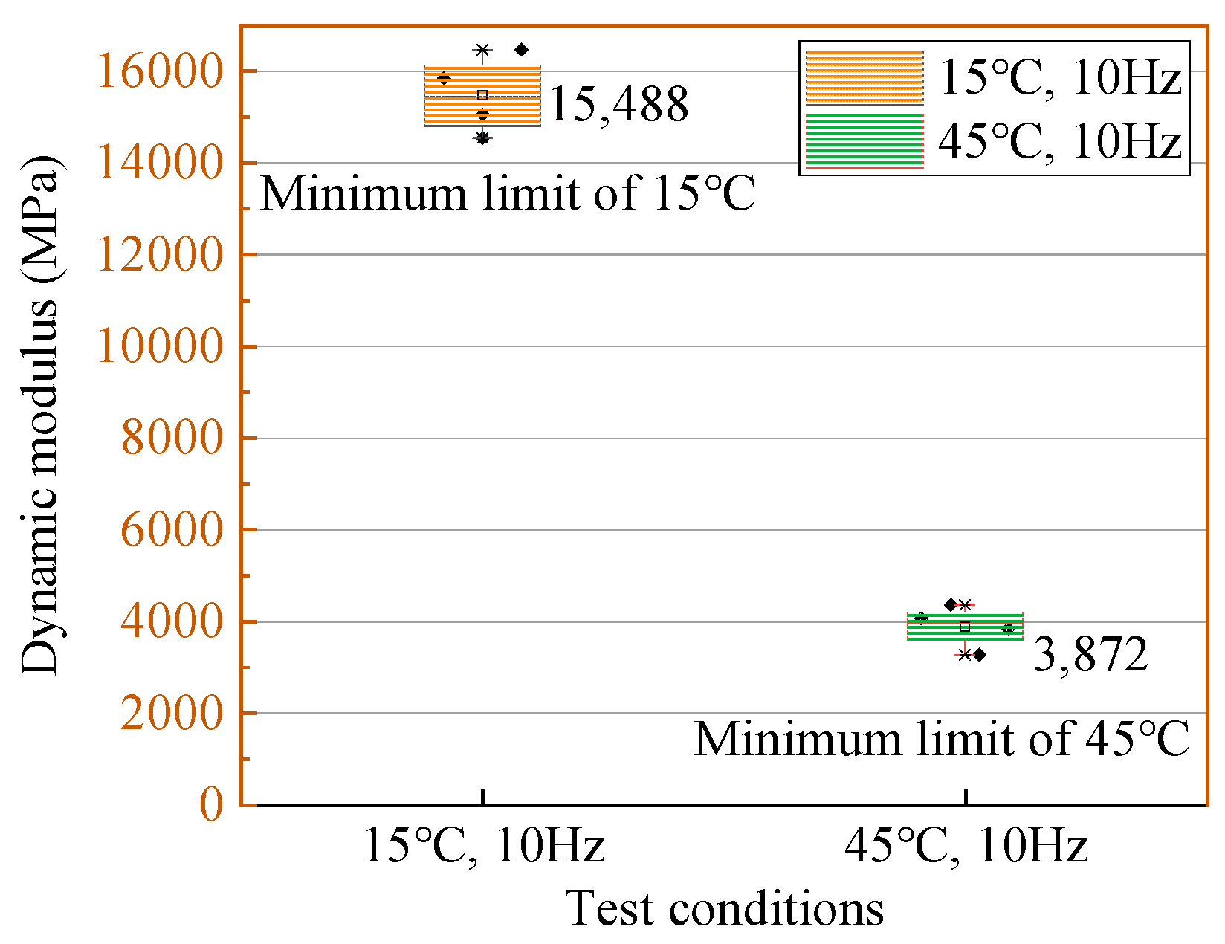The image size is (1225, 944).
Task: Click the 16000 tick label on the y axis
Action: (160, 71)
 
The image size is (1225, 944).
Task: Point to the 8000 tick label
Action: (172, 438)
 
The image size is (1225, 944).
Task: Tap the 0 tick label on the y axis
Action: (211, 804)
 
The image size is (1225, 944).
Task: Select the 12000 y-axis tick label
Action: (160, 255)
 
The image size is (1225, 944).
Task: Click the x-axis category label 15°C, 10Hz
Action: (484, 846)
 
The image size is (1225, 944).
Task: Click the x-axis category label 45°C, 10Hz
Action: (966, 846)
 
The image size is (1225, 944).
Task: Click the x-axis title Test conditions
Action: (725, 908)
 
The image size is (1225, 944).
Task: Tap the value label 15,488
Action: (618, 105)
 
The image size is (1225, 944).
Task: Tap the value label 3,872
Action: (1090, 655)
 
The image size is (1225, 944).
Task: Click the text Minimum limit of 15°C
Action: (508, 194)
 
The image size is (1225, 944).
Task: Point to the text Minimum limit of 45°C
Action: (942, 740)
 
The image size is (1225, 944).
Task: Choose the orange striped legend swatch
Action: (864, 77)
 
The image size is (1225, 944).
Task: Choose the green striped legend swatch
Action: (864, 140)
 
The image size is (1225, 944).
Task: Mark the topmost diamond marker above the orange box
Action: (521, 50)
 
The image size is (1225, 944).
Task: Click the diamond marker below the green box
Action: (979, 655)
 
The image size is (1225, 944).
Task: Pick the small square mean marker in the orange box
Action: (482, 95)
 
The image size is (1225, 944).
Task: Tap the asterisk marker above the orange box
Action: (482, 51)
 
